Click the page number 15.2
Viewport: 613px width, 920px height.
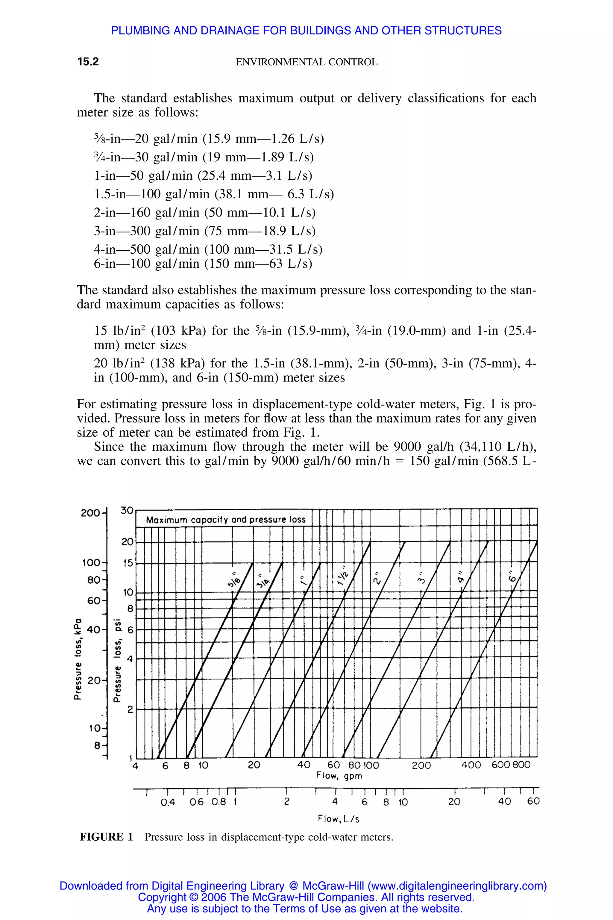(88, 62)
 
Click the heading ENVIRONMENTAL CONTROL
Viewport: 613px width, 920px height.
(306, 62)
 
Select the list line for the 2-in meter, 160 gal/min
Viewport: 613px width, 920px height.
(204, 212)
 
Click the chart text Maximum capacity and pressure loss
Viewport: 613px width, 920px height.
(226, 520)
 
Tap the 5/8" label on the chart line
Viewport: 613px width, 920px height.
(234, 579)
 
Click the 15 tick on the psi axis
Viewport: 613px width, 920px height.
(128, 563)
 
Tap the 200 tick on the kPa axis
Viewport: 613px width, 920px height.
(90, 513)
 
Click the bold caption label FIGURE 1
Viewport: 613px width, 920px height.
(106, 837)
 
